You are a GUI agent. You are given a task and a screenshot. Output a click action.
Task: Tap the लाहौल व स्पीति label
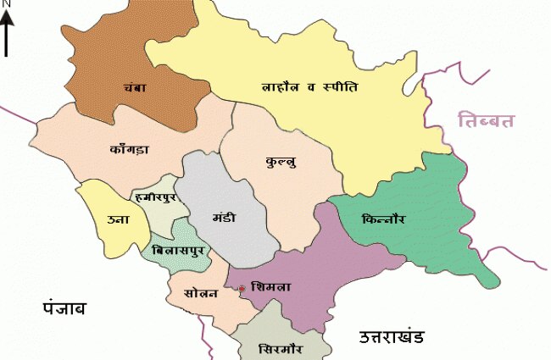point(309,86)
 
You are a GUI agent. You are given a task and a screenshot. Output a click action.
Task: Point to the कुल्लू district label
point(282,158)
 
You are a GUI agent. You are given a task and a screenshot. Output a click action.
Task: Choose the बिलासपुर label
point(174,252)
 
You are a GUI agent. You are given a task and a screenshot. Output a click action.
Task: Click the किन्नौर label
point(382,219)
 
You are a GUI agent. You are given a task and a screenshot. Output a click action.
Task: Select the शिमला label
point(272,288)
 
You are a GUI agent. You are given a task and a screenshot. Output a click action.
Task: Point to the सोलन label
point(201,293)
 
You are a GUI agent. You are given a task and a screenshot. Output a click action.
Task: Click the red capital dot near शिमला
point(242,289)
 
